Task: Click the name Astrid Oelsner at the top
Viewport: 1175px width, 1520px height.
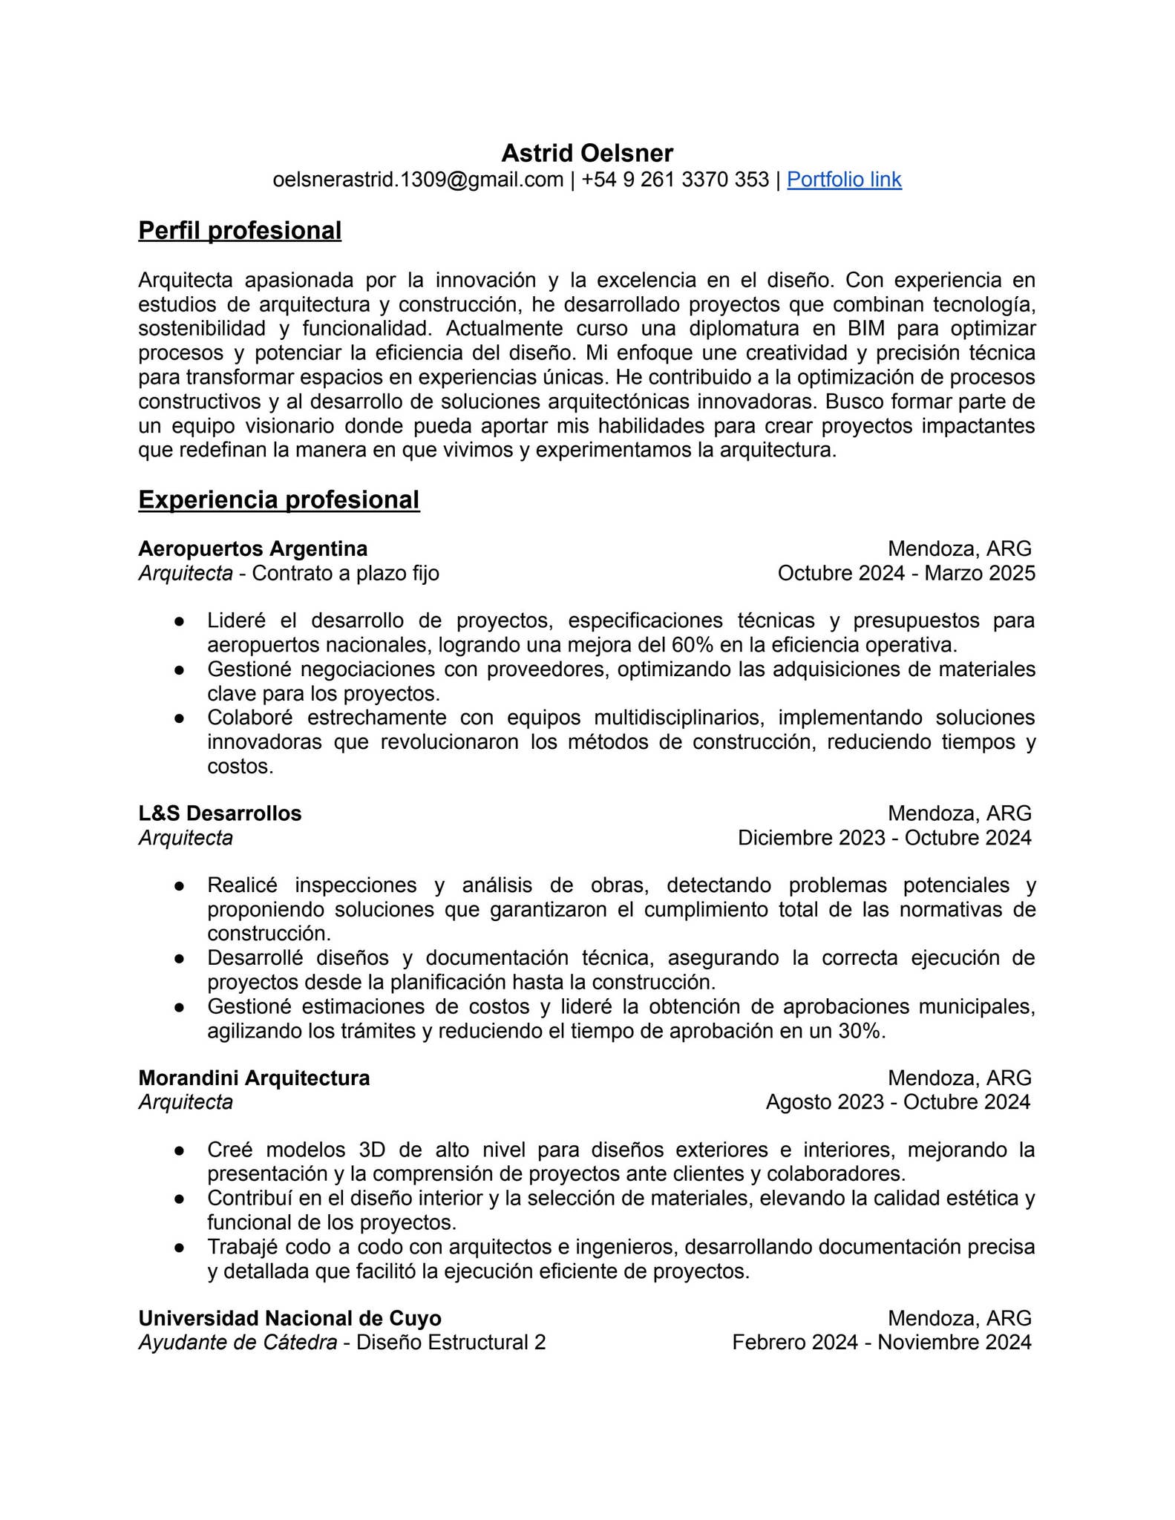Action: point(587,153)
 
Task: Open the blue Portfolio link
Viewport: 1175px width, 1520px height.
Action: point(844,180)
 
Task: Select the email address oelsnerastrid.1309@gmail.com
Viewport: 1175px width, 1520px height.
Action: point(418,180)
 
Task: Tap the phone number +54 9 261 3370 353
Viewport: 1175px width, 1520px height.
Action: point(675,180)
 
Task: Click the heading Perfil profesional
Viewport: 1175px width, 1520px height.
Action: point(240,231)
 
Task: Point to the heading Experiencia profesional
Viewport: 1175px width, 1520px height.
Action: point(278,500)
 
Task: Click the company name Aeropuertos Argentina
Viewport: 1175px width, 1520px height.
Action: point(252,549)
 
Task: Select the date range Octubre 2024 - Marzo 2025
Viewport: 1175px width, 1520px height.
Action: point(906,573)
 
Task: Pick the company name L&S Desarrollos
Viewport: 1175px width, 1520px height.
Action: point(220,813)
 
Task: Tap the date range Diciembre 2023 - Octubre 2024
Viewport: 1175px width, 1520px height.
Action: point(884,838)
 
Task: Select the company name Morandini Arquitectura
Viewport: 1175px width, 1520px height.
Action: point(254,1078)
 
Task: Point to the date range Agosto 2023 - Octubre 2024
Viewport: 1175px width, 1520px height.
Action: point(897,1102)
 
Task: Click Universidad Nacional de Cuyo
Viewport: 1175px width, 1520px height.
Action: point(289,1318)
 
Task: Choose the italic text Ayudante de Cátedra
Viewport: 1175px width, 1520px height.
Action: point(238,1343)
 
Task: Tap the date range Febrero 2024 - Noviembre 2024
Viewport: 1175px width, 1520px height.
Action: point(881,1343)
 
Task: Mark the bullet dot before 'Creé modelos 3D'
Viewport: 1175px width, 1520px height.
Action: point(179,1150)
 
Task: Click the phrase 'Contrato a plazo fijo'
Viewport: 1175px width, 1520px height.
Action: point(345,573)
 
